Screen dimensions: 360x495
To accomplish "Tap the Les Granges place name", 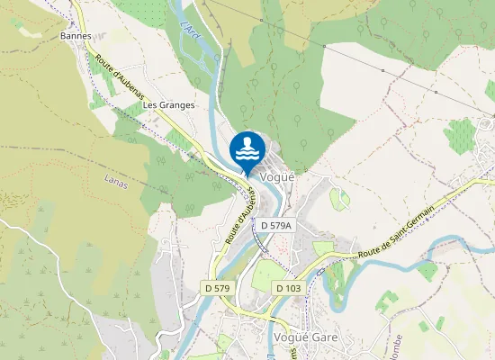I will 168,105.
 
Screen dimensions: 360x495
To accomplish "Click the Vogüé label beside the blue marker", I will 277,177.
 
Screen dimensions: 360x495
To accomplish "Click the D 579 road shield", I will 218,287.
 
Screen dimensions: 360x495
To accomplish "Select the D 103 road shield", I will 288,287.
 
